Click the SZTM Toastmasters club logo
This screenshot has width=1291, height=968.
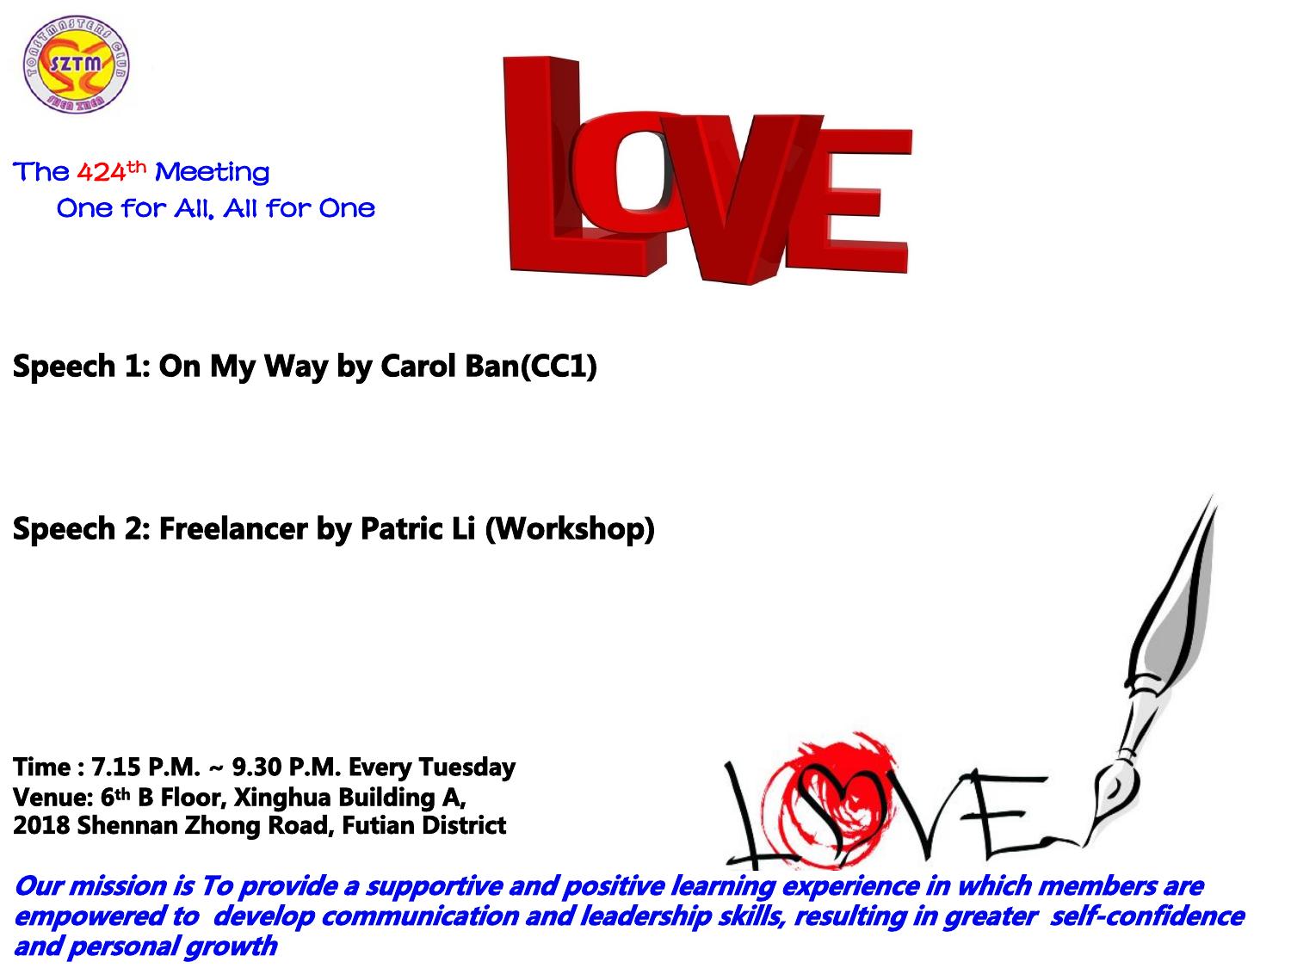coord(76,64)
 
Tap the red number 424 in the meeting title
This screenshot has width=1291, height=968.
coord(102,172)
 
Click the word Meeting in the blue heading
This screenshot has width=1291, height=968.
coord(212,174)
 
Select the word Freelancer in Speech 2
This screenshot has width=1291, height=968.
coord(233,528)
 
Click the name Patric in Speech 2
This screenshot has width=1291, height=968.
coord(401,528)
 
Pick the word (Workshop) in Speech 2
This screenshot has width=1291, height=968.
coord(570,529)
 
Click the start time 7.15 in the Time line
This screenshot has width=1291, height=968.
coord(116,768)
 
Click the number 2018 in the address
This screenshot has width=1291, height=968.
coord(41,826)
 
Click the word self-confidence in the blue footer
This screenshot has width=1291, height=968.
coord(1147,916)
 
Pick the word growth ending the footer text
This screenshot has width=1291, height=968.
coord(231,947)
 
